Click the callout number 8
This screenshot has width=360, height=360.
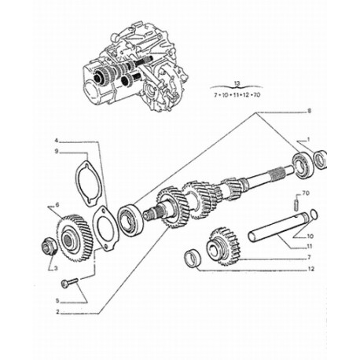coord(309,111)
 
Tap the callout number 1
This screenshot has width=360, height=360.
coord(308,139)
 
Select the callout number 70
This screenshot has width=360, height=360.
coord(306,193)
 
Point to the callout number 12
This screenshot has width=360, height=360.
coord(311,269)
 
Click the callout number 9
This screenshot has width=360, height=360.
coord(57,151)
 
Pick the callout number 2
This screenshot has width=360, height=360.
coord(57,311)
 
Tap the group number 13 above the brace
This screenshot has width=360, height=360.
coord(237,83)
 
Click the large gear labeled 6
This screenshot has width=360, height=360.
coord(75,237)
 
